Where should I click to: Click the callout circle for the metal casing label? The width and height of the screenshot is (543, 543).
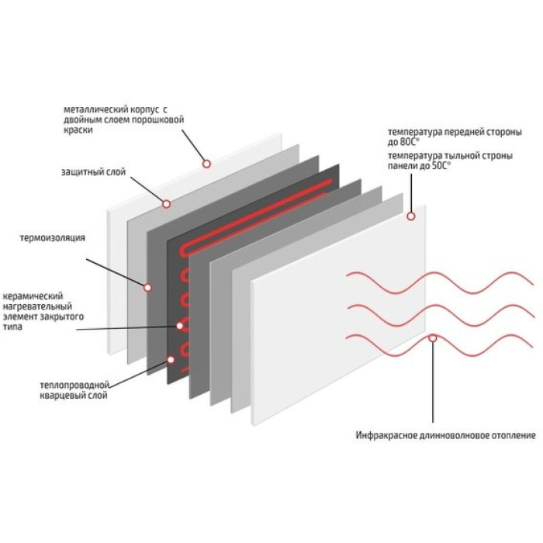207,163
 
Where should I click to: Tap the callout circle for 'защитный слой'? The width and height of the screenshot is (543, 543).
166,203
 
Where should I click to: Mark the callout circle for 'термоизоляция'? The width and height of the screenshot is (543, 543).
147,287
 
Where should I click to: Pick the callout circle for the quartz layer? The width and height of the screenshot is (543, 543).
171,359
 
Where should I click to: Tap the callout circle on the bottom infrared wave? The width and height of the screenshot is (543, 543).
432,338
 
